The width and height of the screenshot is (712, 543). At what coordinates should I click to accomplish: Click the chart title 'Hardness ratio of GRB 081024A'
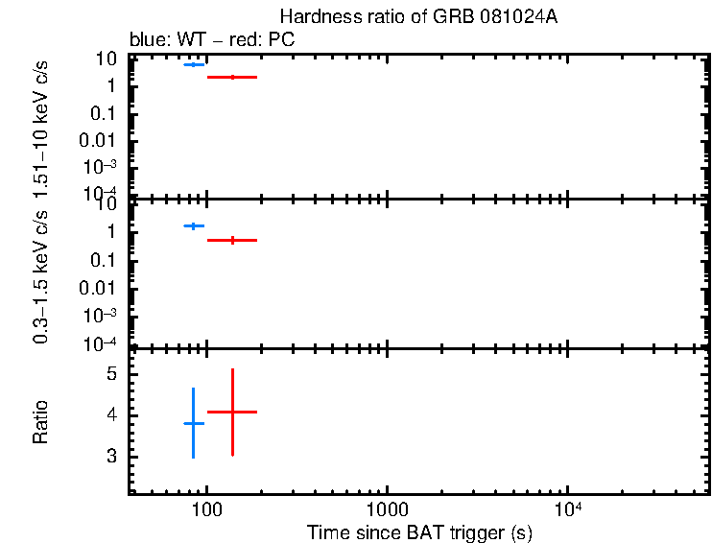418,17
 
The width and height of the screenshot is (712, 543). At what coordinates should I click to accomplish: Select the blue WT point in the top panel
194,64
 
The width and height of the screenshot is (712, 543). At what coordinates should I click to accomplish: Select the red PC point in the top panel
232,77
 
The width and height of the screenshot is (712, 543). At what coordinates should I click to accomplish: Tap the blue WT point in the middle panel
194,225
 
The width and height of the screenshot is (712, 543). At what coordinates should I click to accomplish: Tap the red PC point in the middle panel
232,240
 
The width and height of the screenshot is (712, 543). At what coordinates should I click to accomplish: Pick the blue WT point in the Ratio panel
194,423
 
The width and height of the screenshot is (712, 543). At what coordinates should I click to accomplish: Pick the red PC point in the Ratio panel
232,412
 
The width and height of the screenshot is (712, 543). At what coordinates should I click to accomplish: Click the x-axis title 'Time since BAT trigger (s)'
419,532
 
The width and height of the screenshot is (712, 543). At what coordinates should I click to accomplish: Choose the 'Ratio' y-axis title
41,421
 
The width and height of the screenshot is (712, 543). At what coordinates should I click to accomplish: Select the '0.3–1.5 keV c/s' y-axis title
41,278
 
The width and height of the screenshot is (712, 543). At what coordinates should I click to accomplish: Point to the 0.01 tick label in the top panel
101,140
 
